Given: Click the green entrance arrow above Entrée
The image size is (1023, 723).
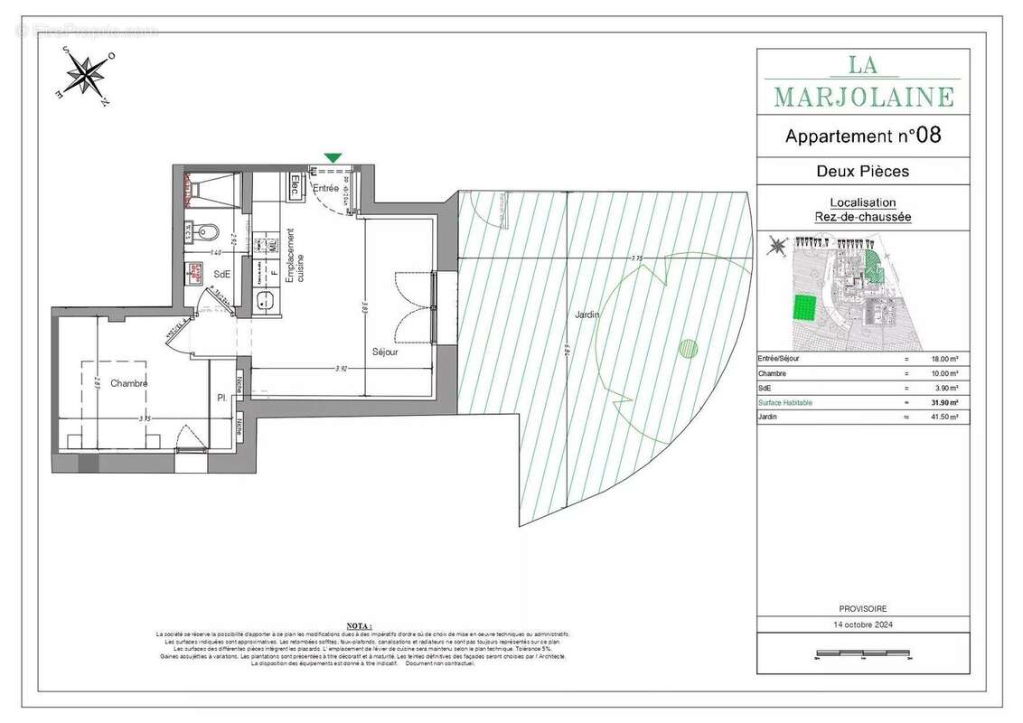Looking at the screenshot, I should [333, 158].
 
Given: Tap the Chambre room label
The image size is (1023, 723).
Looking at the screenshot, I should [129, 383].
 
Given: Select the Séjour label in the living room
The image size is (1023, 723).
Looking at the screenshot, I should [384, 352].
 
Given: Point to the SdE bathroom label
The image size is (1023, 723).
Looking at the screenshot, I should [221, 274].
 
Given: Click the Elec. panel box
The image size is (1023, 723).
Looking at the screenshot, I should [295, 187].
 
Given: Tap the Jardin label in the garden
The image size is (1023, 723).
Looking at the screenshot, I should [587, 314].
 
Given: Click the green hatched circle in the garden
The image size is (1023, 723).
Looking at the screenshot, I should [689, 347].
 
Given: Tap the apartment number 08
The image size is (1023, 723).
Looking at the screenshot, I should [928, 136].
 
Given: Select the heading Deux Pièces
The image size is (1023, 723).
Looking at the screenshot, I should [862, 171].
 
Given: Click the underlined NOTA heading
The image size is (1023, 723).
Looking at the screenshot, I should [359, 624].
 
